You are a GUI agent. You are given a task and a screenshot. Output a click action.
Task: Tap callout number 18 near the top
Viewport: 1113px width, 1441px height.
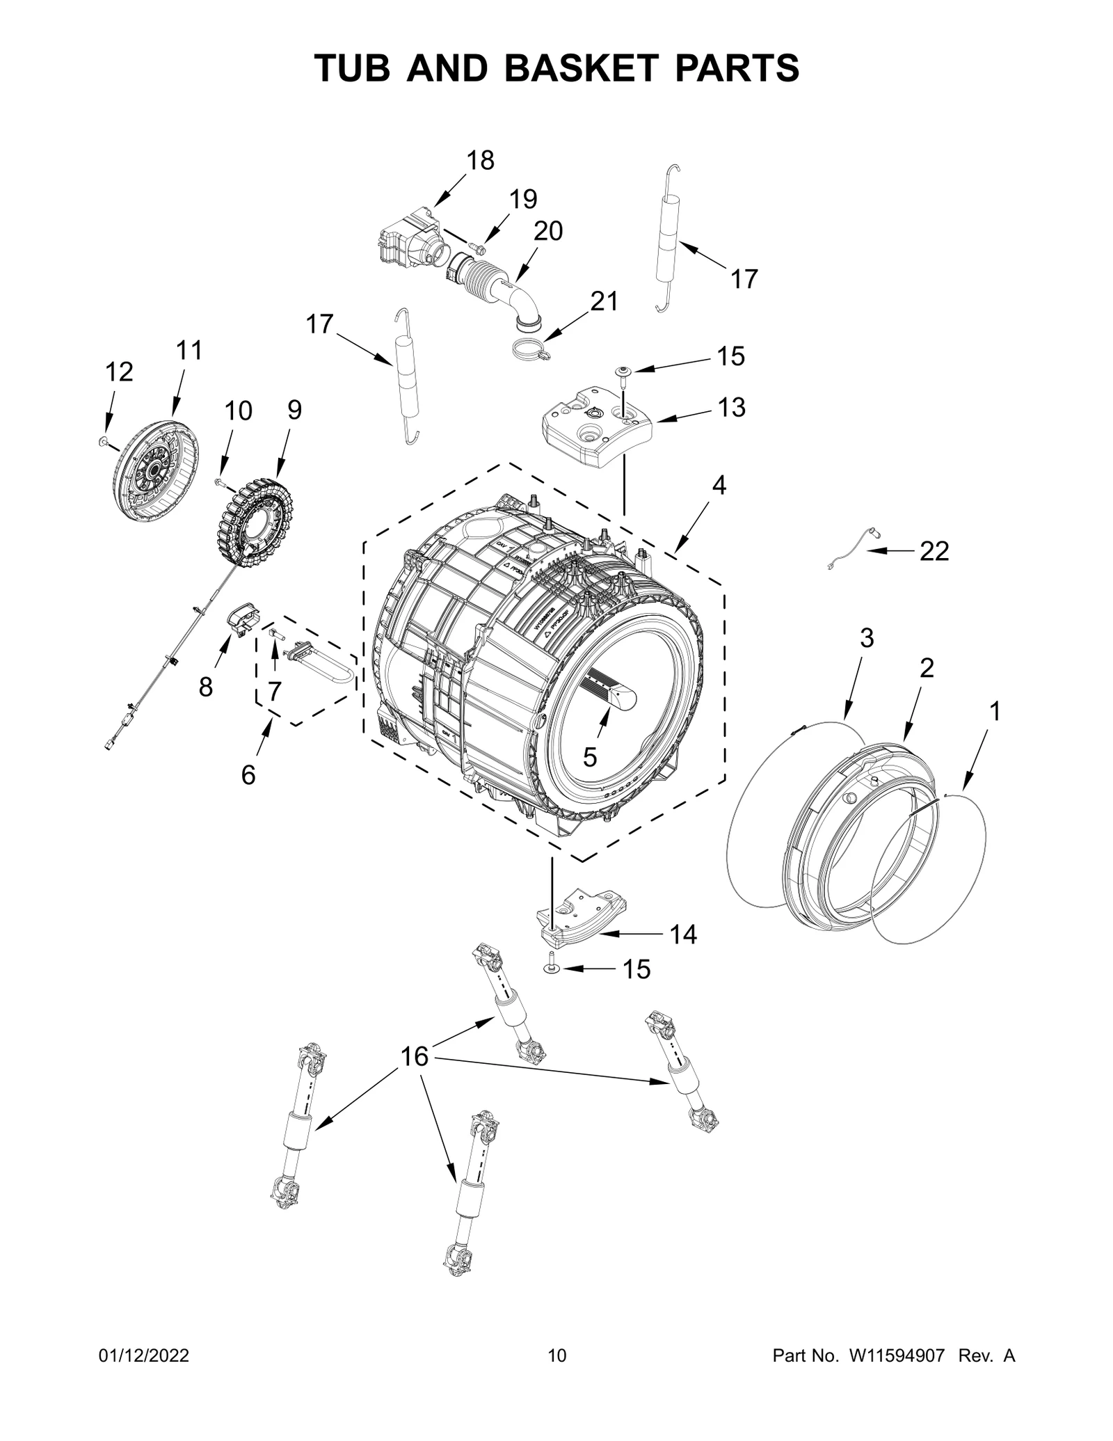480,161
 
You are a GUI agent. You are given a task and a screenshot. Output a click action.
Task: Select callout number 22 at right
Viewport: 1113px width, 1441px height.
934,551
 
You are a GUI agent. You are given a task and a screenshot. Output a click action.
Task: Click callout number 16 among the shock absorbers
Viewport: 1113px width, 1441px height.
415,1076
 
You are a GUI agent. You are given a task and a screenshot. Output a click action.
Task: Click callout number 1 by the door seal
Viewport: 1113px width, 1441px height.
995,711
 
